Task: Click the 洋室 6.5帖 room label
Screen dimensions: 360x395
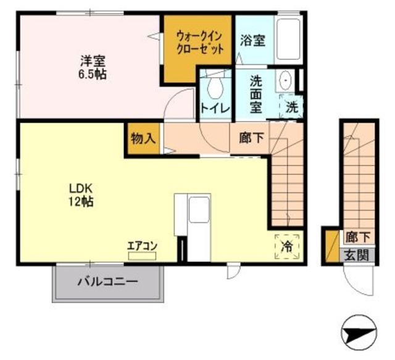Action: pos(92,67)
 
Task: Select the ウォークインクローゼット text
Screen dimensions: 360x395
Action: pos(199,44)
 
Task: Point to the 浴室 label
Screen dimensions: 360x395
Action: pos(253,41)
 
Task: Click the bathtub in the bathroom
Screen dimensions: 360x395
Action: pos(288,40)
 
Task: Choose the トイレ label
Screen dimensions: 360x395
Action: pos(215,109)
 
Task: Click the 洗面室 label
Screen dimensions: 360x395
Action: pos(256,93)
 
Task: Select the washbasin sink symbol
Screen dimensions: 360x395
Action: pos(286,81)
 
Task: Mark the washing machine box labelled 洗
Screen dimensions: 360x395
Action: pos(292,106)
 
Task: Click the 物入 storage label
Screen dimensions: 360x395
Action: pos(142,138)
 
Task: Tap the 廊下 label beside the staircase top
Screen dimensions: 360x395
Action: pos(252,139)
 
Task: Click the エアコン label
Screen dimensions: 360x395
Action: pos(142,245)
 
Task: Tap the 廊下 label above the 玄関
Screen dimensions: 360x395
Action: pos(358,237)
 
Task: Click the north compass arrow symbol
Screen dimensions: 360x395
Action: pos(359,333)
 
